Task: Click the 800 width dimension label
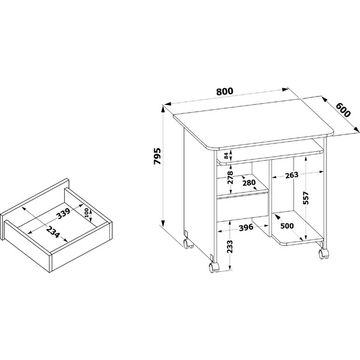[x=224, y=91]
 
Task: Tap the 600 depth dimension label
[x=343, y=110]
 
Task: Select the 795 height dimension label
[x=157, y=157]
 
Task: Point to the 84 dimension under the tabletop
[x=226, y=155]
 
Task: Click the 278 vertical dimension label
[x=230, y=177]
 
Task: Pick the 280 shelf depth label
[x=249, y=182]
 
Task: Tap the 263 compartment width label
[x=292, y=175]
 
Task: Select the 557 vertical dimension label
[x=306, y=197]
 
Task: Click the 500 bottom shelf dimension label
[x=287, y=226]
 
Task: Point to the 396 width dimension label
[x=246, y=227]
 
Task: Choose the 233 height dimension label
[x=230, y=247]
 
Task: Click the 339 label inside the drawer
[x=64, y=214]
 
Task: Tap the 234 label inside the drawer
[x=53, y=232]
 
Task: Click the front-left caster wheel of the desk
[x=214, y=268]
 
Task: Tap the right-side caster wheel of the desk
[x=323, y=253]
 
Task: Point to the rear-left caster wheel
[x=188, y=244]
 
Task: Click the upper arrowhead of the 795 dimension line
[x=163, y=109]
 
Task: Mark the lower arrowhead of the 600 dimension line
[x=356, y=130]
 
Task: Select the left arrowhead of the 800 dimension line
[x=168, y=104]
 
